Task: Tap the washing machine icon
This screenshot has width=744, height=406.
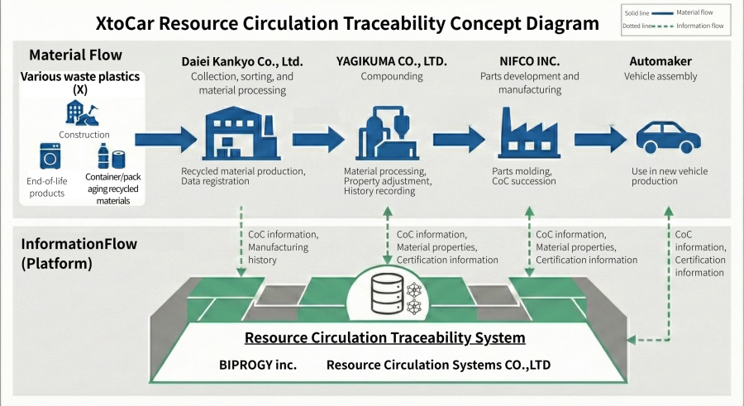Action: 51,155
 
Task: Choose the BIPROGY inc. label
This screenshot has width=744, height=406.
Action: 258,364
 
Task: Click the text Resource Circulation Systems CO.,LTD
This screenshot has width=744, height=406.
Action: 438,364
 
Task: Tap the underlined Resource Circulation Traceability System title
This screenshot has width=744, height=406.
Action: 384,338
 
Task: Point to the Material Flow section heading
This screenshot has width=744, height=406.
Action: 75,55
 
